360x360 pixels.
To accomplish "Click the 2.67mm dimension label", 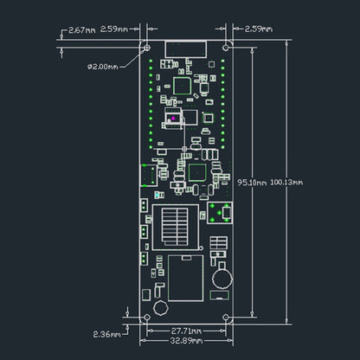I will click(x=82, y=29).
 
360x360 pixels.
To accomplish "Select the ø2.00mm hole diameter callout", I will click(x=107, y=65).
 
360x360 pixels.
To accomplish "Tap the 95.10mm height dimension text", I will click(x=252, y=182).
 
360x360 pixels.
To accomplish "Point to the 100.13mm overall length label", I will click(x=287, y=182).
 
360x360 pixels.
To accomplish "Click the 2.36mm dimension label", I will click(x=107, y=332).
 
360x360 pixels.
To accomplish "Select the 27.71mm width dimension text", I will click(x=186, y=331).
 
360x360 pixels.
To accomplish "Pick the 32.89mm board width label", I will click(x=186, y=344).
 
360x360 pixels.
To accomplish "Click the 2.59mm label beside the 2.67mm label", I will click(x=116, y=29).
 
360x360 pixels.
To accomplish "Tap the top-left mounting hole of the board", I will click(x=146, y=47).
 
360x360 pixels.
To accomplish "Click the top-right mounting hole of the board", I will click(x=227, y=47).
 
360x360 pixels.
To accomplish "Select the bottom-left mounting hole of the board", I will click(x=146, y=318).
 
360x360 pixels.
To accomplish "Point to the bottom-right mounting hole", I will click(x=227, y=318).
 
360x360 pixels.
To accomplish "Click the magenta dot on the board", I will click(x=173, y=118).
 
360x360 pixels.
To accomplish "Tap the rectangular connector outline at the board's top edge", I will click(x=186, y=48).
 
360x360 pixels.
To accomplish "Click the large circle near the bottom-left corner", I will click(x=159, y=308).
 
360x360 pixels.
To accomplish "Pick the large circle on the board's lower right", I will click(x=222, y=278).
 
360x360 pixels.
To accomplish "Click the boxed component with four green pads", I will click(x=220, y=213).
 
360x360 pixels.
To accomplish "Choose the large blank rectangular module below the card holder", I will click(x=185, y=277).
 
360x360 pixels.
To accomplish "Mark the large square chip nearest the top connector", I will click(x=182, y=85).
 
